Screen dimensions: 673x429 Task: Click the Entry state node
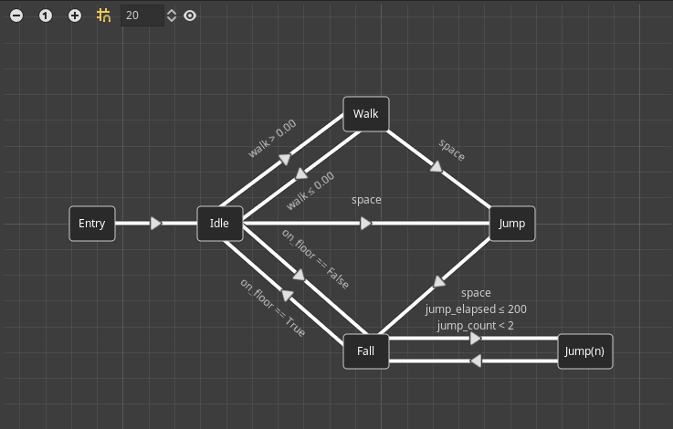click(92, 224)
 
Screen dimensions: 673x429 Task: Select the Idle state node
click(220, 224)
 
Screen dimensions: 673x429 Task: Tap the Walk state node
click(366, 114)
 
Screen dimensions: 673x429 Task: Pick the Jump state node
click(512, 224)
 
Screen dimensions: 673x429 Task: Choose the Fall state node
click(366, 351)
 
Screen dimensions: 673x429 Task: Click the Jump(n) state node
click(585, 351)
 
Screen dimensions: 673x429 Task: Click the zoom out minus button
click(16, 16)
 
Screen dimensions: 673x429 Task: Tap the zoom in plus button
click(75, 16)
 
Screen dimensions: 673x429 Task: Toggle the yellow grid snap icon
click(104, 16)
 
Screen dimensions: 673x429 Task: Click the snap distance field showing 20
click(142, 16)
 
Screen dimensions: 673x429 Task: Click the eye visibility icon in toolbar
click(190, 16)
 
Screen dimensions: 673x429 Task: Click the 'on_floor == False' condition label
click(315, 260)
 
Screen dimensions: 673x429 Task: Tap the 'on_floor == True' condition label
click(273, 308)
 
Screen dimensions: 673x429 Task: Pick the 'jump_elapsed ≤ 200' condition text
click(476, 309)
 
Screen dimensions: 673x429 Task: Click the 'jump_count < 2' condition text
click(476, 326)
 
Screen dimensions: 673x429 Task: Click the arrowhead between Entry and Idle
click(156, 224)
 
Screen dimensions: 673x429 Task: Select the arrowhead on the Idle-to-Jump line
click(366, 224)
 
